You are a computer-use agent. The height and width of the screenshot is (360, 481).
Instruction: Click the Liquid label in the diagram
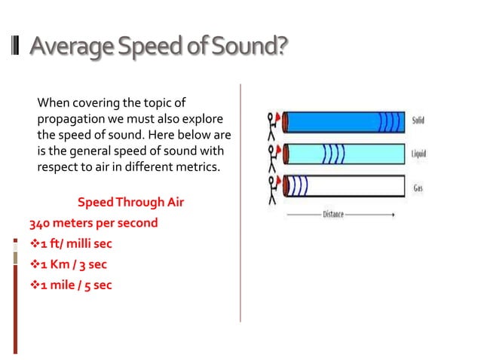pyautogui.click(x=419, y=154)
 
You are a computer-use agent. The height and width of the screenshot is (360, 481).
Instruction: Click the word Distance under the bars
pyautogui.click(x=333, y=215)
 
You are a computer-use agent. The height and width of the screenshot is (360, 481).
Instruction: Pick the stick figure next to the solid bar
pyautogui.click(x=272, y=125)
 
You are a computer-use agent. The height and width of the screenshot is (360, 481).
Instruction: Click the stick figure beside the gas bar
pyautogui.click(x=272, y=190)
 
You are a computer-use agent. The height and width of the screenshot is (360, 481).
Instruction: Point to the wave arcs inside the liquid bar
pyautogui.click(x=332, y=154)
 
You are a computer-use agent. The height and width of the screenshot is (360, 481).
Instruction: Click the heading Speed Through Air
pyautogui.click(x=130, y=203)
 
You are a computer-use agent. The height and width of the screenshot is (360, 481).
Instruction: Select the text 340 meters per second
pyautogui.click(x=93, y=224)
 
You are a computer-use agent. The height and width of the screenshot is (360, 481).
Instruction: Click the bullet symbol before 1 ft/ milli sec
pyautogui.click(x=34, y=245)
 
